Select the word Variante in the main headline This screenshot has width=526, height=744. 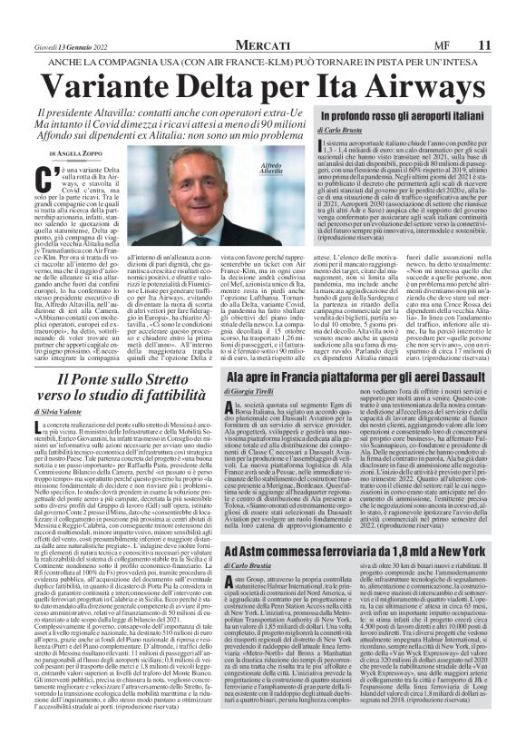(116, 83)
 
